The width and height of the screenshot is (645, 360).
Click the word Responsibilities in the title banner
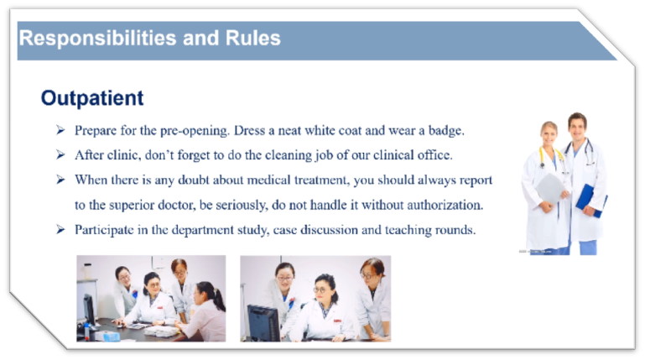(98, 39)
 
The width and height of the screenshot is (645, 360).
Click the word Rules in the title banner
(253, 39)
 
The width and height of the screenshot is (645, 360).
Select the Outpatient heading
(92, 98)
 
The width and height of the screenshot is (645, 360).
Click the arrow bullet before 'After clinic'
(60, 155)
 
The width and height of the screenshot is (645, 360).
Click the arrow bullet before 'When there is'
(60, 180)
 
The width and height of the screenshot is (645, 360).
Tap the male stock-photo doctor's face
(577, 127)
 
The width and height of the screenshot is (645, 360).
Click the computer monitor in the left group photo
(89, 310)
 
